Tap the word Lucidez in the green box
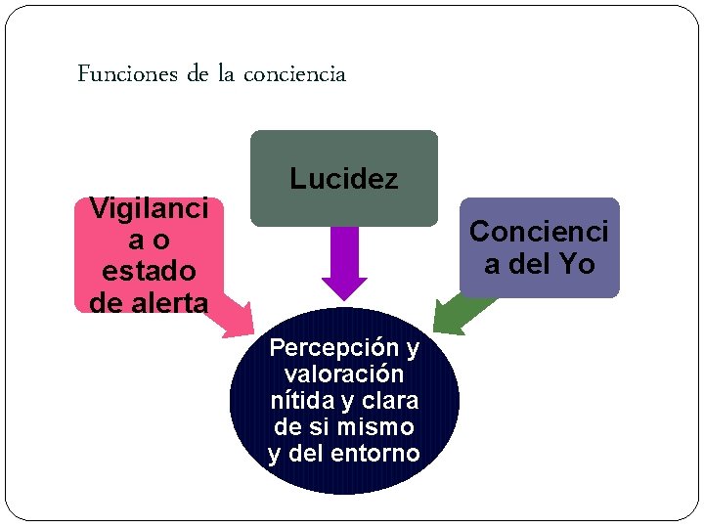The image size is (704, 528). point(344,179)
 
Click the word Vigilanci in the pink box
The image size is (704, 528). point(148,207)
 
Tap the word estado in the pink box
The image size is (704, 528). point(148,270)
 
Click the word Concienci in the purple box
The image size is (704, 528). point(539,232)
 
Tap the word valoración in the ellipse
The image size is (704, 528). point(344,374)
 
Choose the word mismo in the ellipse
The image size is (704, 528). point(375,427)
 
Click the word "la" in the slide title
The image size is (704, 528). point(226,74)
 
